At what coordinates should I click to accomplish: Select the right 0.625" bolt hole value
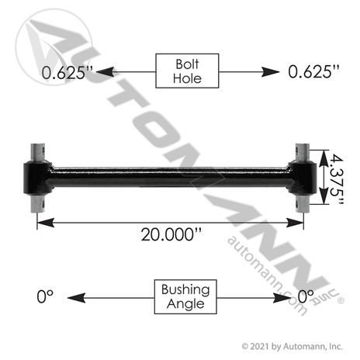click(313, 71)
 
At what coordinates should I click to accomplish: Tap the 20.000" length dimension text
click(171, 235)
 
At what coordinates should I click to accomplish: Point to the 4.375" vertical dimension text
click(337, 179)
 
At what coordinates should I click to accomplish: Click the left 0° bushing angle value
click(45, 296)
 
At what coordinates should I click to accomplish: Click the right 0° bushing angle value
click(306, 296)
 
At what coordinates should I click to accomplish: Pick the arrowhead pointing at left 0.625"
click(105, 72)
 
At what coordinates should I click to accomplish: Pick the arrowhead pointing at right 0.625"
click(270, 72)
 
